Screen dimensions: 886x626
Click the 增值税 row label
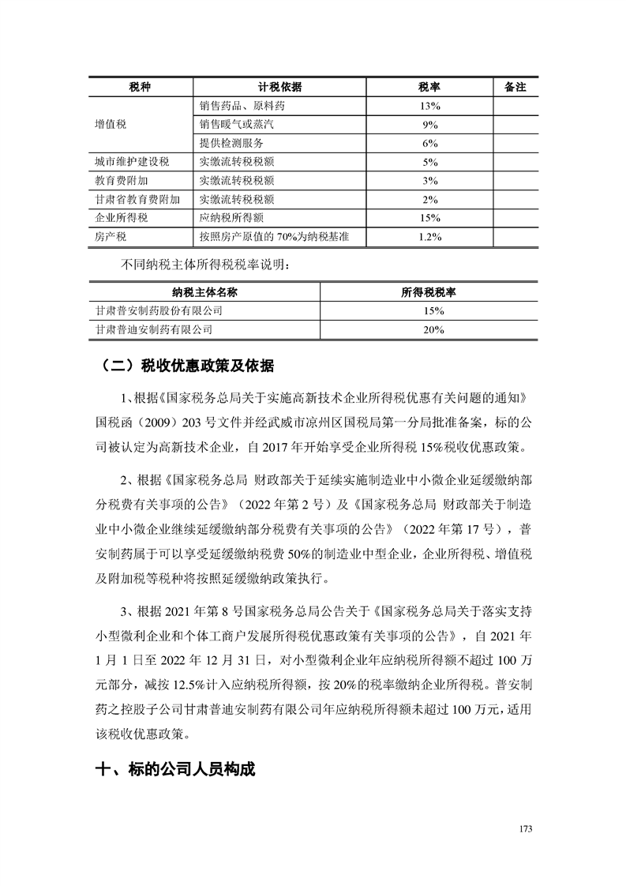[111, 125]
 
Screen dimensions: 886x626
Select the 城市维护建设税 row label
[132, 162]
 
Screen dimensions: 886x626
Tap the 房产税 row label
[111, 235]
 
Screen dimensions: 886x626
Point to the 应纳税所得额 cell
[237, 217]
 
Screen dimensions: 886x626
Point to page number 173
[527, 828]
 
